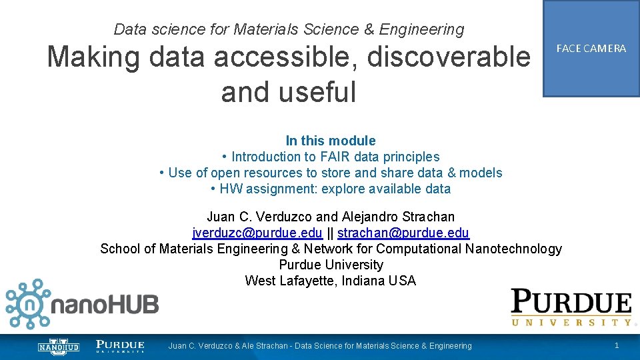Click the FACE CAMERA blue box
coord(591,49)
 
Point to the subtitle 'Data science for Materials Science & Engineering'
coord(289,29)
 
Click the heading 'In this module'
coord(331,141)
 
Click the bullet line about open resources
coord(331,173)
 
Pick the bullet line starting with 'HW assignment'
coord(331,189)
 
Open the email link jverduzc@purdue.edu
coord(257,233)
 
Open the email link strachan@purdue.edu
coord(403,233)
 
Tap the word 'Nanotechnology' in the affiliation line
coord(516,249)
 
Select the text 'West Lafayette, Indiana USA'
coord(331,281)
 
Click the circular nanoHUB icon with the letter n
coord(28,305)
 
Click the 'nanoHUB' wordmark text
coord(106,306)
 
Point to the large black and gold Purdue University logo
coord(571,307)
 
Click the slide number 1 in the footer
coord(617,345)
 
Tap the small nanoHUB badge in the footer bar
coord(58,347)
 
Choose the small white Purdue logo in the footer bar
coord(120,346)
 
